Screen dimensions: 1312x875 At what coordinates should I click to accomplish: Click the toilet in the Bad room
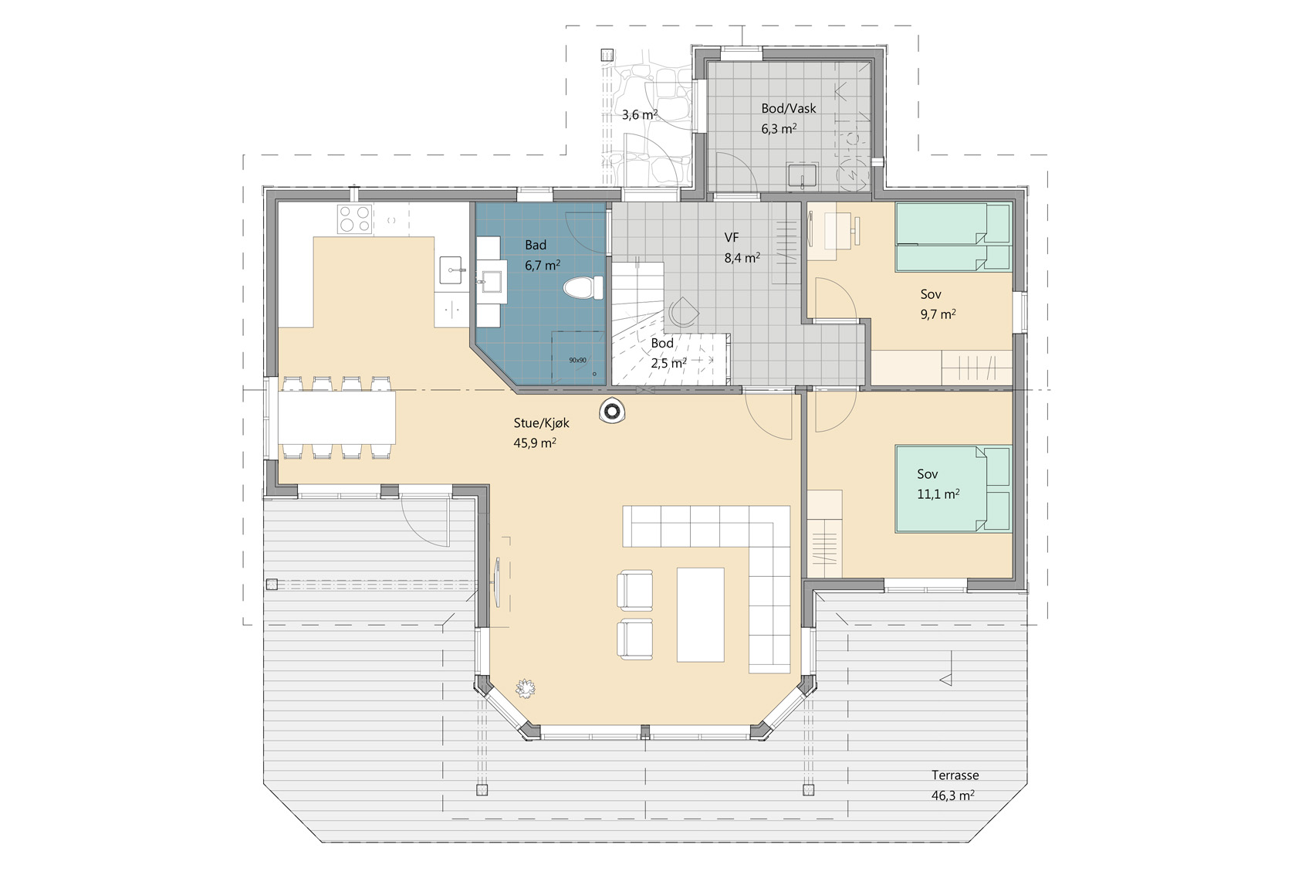(x=583, y=288)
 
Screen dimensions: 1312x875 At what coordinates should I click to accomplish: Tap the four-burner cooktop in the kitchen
(x=354, y=219)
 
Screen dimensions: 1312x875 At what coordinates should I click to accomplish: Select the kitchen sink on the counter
(x=451, y=270)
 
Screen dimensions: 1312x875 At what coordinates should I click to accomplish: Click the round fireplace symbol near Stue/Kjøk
(x=612, y=411)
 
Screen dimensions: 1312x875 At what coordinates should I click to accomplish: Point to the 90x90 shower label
(x=577, y=361)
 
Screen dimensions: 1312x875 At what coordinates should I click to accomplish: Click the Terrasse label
(x=955, y=775)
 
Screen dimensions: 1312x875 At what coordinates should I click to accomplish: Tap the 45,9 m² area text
(x=535, y=443)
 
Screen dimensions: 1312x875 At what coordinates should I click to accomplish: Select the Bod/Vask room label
(x=789, y=108)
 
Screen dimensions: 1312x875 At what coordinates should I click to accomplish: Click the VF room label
(x=732, y=237)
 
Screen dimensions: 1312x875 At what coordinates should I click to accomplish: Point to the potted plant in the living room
(x=526, y=688)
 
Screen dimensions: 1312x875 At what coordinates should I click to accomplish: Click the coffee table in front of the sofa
(x=701, y=614)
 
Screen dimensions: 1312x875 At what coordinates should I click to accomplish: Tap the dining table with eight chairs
(x=336, y=417)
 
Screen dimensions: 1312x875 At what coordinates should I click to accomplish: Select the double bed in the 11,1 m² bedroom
(x=954, y=489)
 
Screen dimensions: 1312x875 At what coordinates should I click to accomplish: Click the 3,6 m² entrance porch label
(x=640, y=115)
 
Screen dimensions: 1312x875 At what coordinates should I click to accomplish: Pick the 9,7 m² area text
(x=938, y=314)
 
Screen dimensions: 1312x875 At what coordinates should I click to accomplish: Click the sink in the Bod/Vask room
(x=803, y=176)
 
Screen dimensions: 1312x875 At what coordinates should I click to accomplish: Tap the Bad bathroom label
(x=536, y=245)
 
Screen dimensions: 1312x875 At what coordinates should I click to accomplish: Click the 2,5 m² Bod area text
(x=668, y=364)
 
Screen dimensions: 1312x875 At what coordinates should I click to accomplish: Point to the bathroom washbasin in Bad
(x=492, y=282)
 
